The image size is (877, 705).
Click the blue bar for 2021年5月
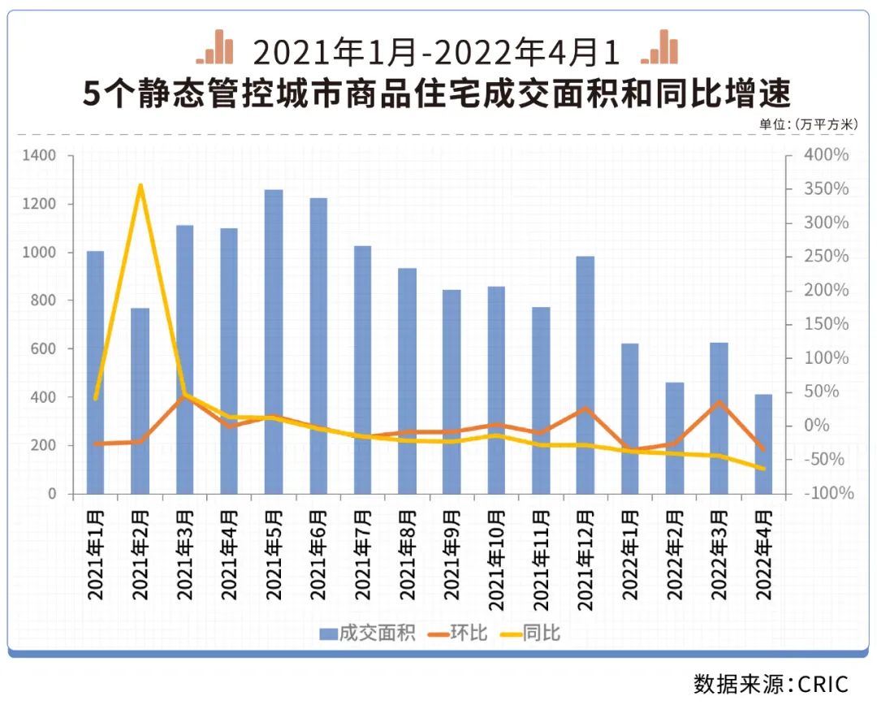coord(274,341)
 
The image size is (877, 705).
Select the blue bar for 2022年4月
coord(763,443)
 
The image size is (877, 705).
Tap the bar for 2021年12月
coord(585,374)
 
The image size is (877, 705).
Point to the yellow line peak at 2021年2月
coord(140,186)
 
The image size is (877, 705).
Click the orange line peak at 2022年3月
coord(719,401)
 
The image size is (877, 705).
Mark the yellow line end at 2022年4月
coord(763,469)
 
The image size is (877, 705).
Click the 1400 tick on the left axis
coord(40,155)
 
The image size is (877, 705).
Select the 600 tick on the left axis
coord(45,349)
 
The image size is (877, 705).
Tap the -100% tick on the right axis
coord(827,494)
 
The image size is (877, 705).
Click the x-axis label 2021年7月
coord(363,555)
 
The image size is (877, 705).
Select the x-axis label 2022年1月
coord(630,555)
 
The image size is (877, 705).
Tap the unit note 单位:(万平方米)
coord(808,124)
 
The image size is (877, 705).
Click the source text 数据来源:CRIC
coord(771,682)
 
